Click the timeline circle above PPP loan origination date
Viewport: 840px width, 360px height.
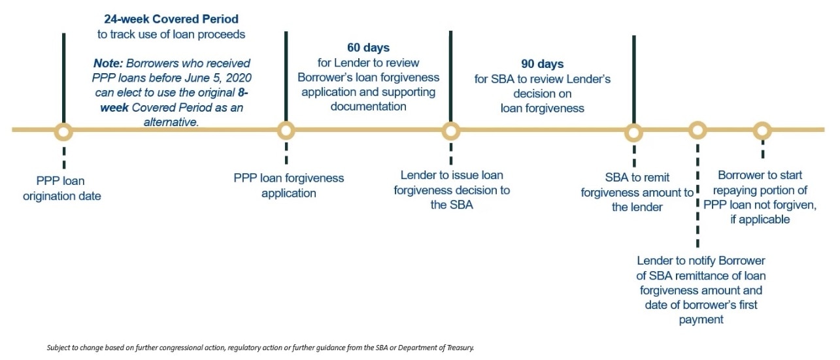[63, 132]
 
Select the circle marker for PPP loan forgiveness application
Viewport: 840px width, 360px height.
[286, 131]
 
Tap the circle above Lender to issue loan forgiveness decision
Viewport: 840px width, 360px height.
[450, 131]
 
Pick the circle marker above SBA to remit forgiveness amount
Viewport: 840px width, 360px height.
[633, 133]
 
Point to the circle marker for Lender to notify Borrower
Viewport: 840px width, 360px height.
[697, 130]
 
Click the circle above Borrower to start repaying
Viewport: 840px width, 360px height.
[762, 131]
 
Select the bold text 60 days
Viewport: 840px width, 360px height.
[368, 48]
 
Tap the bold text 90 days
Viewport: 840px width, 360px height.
[542, 64]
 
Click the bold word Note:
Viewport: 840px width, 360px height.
[108, 63]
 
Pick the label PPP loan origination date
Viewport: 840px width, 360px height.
[62, 188]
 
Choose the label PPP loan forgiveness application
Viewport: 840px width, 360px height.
[288, 186]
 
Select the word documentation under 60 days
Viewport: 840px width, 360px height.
[368, 106]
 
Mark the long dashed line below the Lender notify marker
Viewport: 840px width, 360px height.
[697, 196]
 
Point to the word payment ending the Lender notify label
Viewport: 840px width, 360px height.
[701, 319]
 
